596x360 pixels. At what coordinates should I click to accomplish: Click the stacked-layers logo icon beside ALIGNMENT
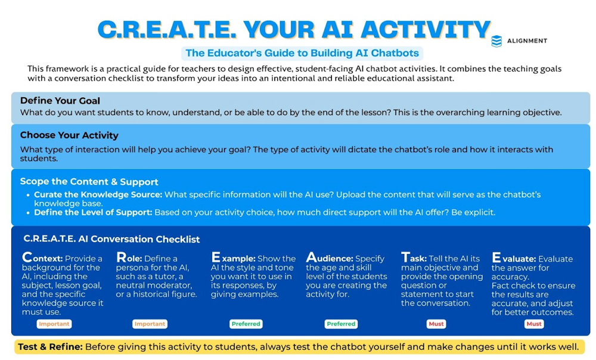tap(496, 41)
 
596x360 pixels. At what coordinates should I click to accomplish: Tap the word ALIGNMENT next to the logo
tap(527, 41)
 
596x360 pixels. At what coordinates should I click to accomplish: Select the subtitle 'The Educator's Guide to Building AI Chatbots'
tap(302, 53)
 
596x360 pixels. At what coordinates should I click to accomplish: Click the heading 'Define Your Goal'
tap(60, 101)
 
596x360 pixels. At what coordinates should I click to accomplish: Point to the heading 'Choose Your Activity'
tap(69, 135)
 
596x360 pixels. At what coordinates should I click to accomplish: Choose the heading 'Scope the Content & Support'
tap(89, 182)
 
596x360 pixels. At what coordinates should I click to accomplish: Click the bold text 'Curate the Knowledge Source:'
tap(98, 195)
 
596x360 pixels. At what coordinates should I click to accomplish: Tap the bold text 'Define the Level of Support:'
tap(93, 212)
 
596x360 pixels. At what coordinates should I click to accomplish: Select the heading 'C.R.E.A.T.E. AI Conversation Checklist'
tap(112, 239)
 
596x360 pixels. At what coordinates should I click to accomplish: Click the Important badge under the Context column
tap(54, 324)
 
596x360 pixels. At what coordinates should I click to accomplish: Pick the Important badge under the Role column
tap(150, 324)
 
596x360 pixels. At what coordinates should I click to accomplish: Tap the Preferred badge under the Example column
tap(246, 324)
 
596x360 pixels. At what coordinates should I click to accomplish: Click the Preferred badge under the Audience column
tap(341, 324)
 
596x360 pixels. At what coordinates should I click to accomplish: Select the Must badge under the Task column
tap(436, 324)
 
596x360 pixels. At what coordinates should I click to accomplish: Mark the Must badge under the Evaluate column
tap(534, 324)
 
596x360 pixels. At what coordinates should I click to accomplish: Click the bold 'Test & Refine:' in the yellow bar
tap(50, 347)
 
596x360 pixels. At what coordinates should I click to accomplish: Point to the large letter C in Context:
tap(27, 257)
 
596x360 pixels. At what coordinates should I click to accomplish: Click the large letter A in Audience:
tap(311, 257)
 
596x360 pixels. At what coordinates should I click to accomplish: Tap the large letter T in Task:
tap(405, 257)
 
